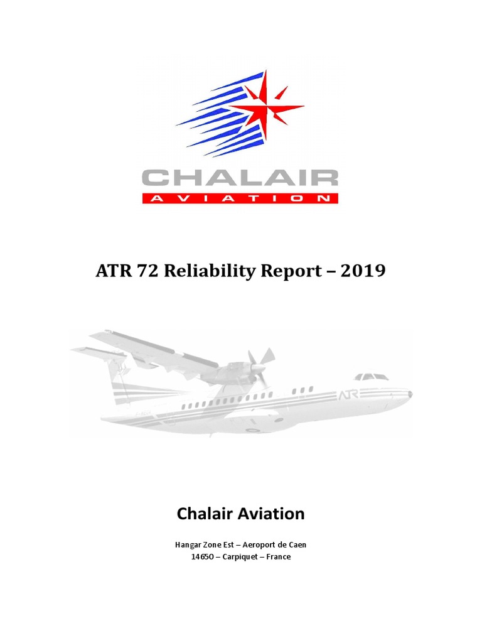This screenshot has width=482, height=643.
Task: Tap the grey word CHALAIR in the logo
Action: [240, 178]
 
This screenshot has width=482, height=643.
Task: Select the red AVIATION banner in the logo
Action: [240, 198]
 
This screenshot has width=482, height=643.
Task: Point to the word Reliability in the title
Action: [202, 271]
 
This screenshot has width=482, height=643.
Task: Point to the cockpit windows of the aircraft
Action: [372, 377]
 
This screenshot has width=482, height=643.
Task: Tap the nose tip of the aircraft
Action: [410, 394]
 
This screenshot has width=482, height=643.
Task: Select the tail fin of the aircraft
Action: [116, 377]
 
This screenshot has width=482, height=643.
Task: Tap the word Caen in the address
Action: [296, 544]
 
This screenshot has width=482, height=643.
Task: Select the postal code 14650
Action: [203, 557]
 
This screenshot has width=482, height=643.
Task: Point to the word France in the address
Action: [278, 557]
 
